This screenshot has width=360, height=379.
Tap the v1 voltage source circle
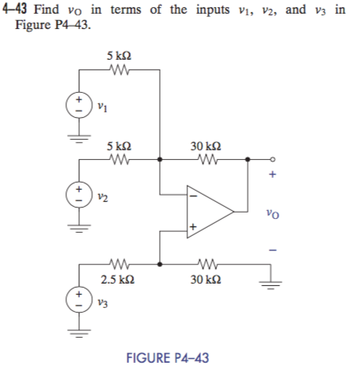[78, 105]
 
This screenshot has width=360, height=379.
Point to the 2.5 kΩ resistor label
[115, 280]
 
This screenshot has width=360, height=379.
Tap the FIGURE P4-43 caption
[168, 357]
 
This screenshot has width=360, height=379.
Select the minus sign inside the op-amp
[193, 194]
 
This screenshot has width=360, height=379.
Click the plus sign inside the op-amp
[193, 229]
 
